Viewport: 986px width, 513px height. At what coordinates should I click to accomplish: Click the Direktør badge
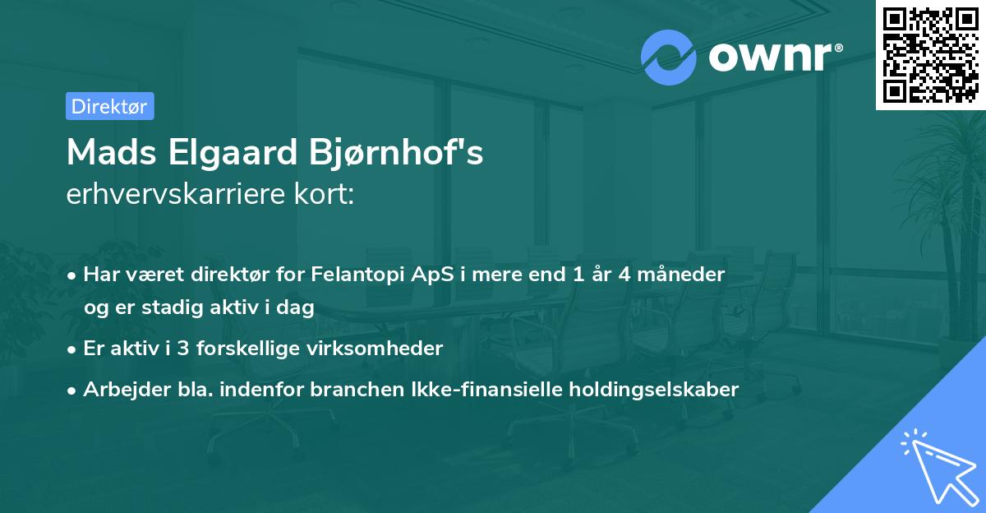coord(109,106)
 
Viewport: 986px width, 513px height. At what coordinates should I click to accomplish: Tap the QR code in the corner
coord(931,55)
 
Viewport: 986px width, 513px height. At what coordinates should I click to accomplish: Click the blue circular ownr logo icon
coord(669,57)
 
